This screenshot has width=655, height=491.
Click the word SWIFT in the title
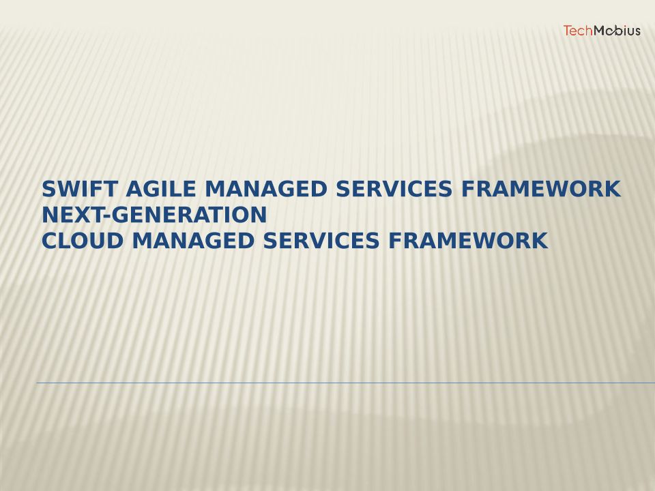79,189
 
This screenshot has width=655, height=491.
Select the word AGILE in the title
160,189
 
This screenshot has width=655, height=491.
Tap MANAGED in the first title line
265,189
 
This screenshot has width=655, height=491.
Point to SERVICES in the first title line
394,189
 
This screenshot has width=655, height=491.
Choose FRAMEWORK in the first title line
541,189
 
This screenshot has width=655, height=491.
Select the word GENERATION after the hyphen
189,215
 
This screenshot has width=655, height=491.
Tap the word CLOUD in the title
83,241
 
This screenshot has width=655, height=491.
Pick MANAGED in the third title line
193,241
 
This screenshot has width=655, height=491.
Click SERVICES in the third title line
321,241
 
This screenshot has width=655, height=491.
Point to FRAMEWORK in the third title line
468,241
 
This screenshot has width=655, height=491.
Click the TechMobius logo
602,31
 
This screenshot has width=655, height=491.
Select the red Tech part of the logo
578,31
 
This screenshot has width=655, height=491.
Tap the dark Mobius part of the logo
617,31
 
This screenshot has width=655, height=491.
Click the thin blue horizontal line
346,383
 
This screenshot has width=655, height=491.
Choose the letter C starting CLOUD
49,241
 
